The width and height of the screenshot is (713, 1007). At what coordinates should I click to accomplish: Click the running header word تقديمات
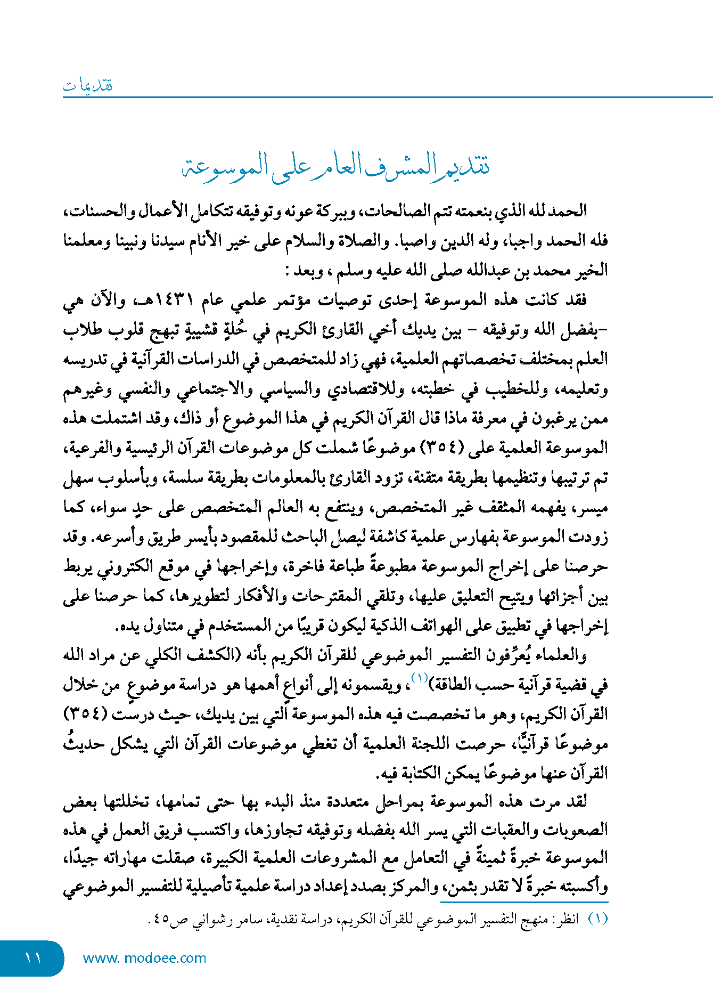[x=88, y=85]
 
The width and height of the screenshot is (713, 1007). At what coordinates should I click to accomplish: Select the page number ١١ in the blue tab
[x=32, y=958]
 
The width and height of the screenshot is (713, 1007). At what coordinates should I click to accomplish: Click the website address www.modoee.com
[x=144, y=958]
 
